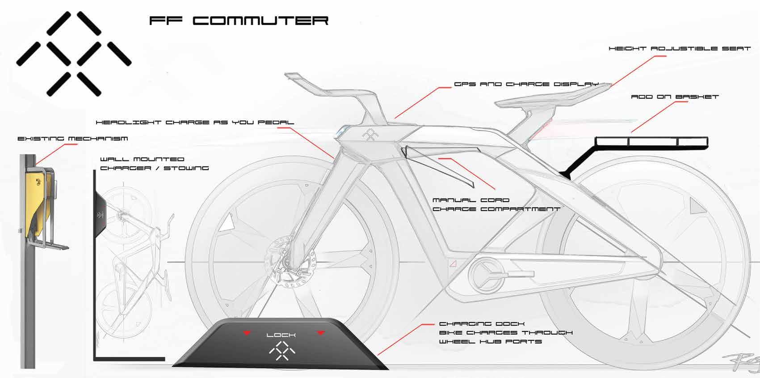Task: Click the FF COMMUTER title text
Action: click(239, 21)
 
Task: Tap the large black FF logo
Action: click(74, 54)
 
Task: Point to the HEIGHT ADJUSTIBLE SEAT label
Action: click(680, 48)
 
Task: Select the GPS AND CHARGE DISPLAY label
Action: click(526, 84)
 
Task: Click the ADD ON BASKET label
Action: click(675, 97)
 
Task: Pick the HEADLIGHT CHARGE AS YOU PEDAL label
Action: click(195, 122)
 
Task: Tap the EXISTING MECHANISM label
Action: click(72, 139)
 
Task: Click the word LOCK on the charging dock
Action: click(281, 335)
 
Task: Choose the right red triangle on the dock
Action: click(320, 333)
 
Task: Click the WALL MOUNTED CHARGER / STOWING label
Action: click(154, 163)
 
